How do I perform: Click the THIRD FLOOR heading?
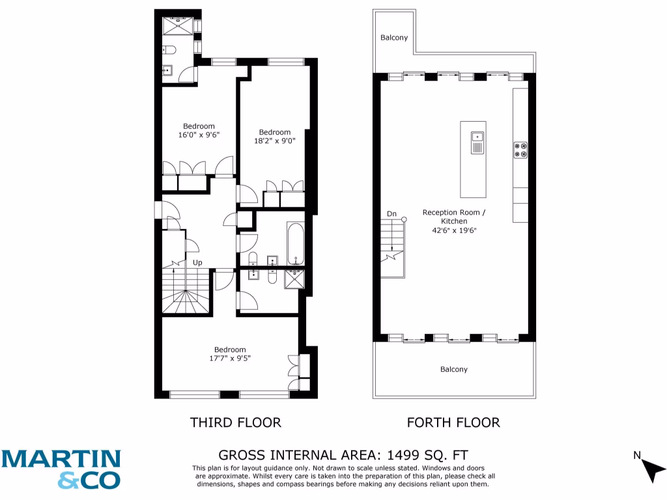(x=235, y=423)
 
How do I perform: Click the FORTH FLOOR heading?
(x=453, y=423)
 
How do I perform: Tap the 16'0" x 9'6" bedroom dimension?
(x=199, y=135)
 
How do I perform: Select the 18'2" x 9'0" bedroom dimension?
(x=274, y=141)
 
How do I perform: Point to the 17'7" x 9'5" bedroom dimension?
(x=230, y=358)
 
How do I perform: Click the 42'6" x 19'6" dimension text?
(x=453, y=230)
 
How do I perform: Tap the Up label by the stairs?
(x=197, y=263)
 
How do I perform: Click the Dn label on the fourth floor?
(x=391, y=214)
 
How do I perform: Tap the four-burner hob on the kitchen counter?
(x=520, y=150)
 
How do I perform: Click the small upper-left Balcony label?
(x=394, y=38)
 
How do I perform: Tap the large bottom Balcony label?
(x=453, y=370)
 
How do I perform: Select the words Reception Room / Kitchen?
(x=453, y=217)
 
